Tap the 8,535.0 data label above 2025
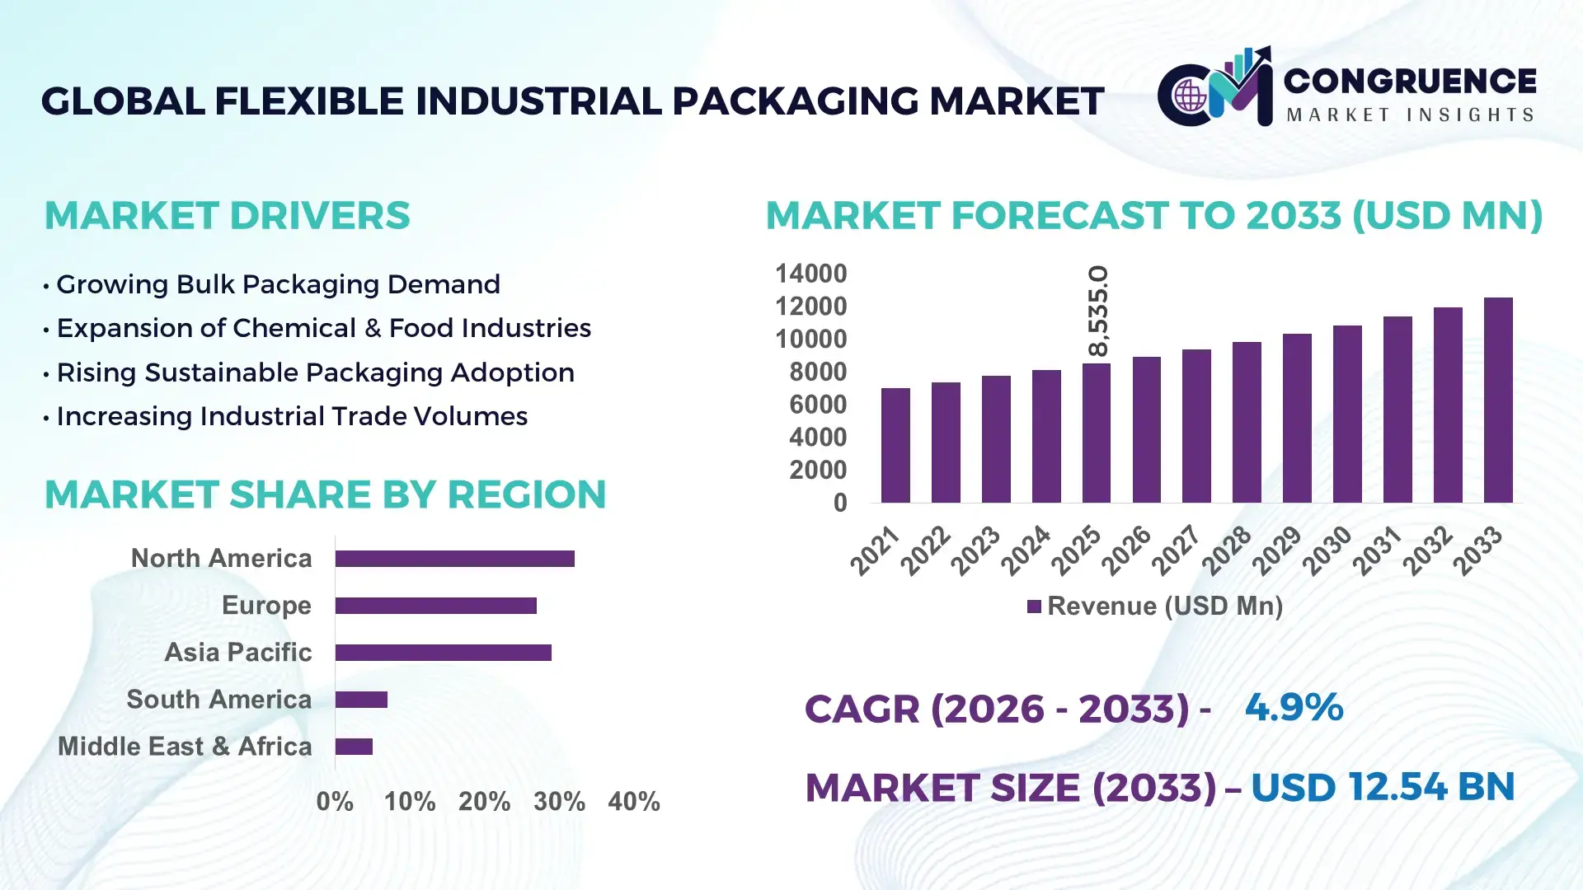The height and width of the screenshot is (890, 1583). click(1098, 311)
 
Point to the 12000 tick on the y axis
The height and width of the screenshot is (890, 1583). click(810, 307)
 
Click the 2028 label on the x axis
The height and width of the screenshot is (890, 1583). click(1227, 550)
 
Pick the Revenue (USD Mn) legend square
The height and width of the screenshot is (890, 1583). click(1034, 607)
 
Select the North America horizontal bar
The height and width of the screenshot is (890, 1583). click(454, 559)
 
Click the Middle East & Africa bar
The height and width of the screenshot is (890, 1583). click(354, 747)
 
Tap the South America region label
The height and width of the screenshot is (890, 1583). click(218, 700)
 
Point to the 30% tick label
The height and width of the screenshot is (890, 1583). click(559, 802)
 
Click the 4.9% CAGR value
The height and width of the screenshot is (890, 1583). click(1294, 707)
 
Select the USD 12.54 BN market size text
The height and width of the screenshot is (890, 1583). click(1383, 787)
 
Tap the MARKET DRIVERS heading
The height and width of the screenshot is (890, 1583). click(227, 216)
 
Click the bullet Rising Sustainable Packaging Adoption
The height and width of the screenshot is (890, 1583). click(315, 372)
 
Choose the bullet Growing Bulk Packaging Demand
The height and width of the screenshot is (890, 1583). click(278, 284)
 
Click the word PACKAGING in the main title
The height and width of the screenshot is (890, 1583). click(796, 101)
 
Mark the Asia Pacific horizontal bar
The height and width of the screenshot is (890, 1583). click(443, 653)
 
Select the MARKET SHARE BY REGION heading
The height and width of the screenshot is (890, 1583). click(325, 494)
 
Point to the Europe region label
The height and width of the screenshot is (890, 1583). click(266, 606)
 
